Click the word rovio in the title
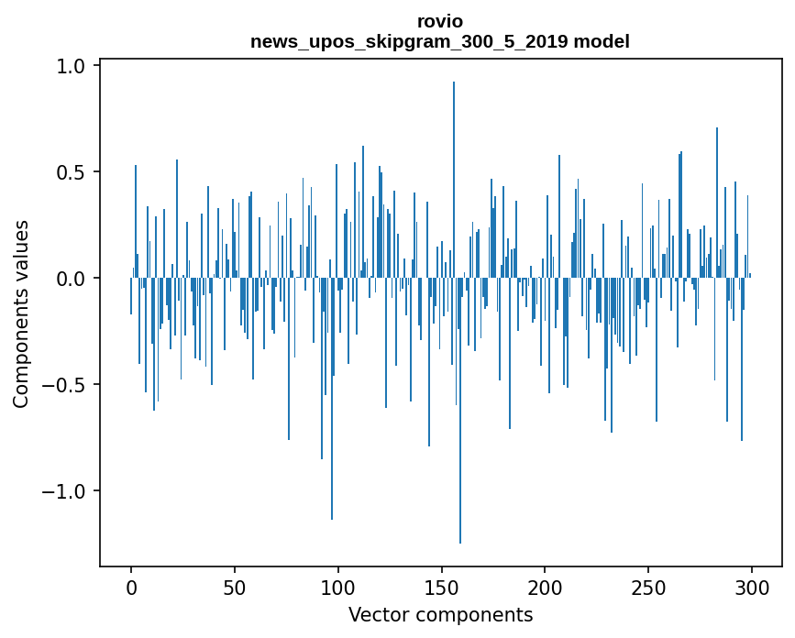pyautogui.click(x=440, y=21)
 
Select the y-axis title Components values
pyautogui.click(x=21, y=313)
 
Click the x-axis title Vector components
pyautogui.click(x=440, y=614)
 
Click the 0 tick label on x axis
pyautogui.click(x=131, y=586)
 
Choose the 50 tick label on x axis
pyautogui.click(x=235, y=586)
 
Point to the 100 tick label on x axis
pyautogui.click(x=338, y=586)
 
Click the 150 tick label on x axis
pyautogui.click(x=442, y=586)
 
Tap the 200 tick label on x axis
pyautogui.click(x=546, y=586)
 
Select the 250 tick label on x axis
pyautogui.click(x=649, y=586)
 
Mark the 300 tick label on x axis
pyautogui.click(x=752, y=586)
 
